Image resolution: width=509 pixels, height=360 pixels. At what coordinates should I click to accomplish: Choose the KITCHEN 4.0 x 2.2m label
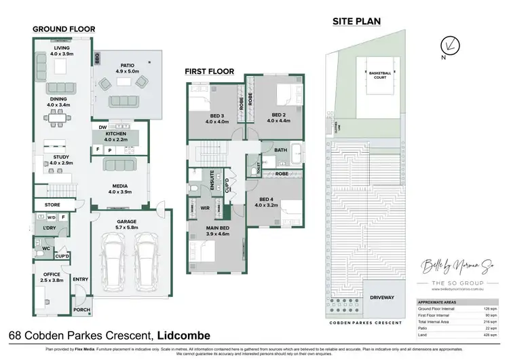pos(114,137)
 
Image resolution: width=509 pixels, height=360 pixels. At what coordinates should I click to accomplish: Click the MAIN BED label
pos(216,230)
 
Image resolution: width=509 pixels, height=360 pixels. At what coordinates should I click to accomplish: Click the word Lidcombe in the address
pos(185,336)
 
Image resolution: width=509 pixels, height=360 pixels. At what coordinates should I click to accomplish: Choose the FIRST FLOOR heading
pos(211,71)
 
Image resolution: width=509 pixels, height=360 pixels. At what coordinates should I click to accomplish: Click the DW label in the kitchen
pos(101,126)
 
